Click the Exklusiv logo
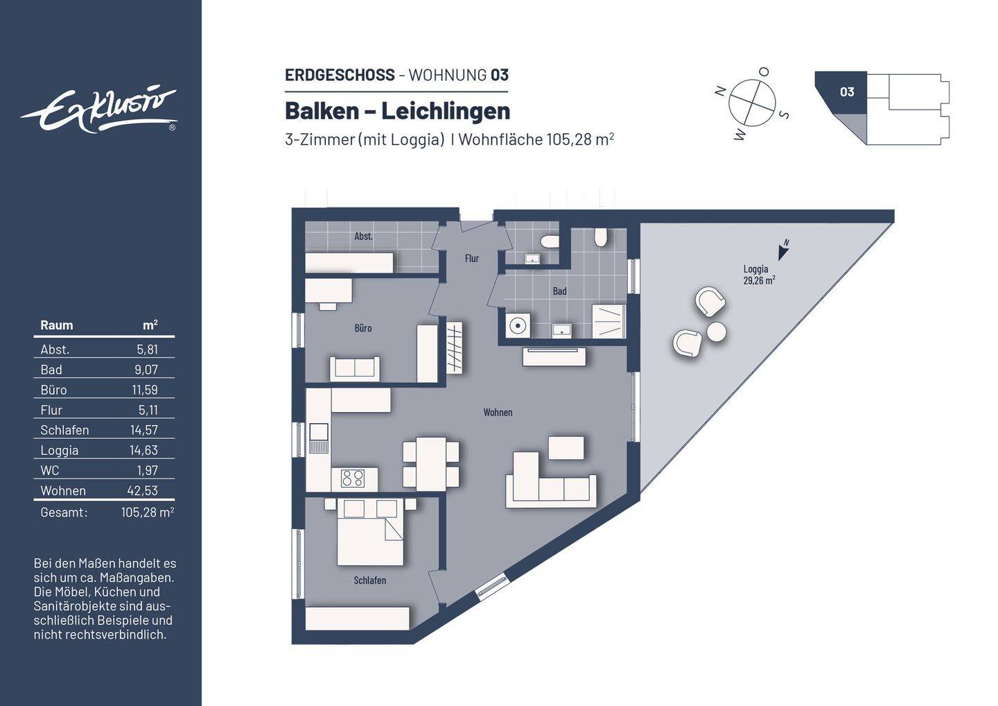99,110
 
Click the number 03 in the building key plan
846,92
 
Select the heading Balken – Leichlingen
397,111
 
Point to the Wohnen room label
498,413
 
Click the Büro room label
362,328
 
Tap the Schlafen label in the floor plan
369,580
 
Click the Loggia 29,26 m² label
758,275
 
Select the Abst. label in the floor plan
363,236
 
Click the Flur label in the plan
471,259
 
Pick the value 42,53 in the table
143,490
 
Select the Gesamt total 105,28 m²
147,513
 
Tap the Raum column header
56,325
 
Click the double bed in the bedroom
370,533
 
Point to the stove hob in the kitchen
353,478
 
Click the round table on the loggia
717,332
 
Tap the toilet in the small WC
550,242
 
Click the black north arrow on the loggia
783,251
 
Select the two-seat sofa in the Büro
354,368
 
